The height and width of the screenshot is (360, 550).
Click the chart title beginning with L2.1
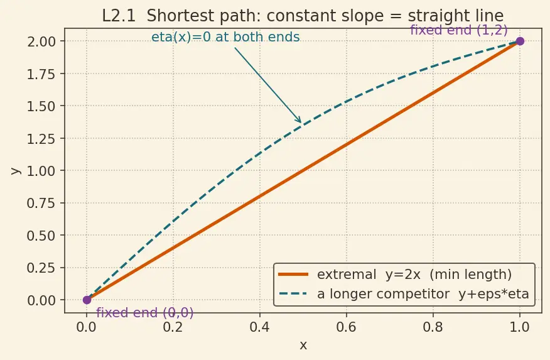(x=303, y=16)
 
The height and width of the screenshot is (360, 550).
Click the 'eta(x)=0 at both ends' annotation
(x=225, y=37)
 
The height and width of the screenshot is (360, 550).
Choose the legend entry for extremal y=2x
(x=395, y=275)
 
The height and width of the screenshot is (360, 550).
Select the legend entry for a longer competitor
(x=404, y=293)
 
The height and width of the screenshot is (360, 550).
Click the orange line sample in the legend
(x=293, y=275)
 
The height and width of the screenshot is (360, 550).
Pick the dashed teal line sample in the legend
(x=293, y=293)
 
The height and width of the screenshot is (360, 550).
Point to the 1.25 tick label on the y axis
(x=41, y=138)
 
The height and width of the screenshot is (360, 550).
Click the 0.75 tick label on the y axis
(x=41, y=203)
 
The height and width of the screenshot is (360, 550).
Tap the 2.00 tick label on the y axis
(x=41, y=41)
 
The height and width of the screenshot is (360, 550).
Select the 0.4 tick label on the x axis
(x=259, y=327)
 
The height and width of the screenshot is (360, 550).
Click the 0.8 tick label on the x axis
(x=433, y=327)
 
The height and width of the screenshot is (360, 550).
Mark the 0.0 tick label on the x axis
(x=86, y=327)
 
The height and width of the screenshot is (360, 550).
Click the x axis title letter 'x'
(x=303, y=346)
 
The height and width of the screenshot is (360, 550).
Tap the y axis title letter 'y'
(x=16, y=170)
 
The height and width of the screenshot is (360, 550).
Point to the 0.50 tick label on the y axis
(x=41, y=236)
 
